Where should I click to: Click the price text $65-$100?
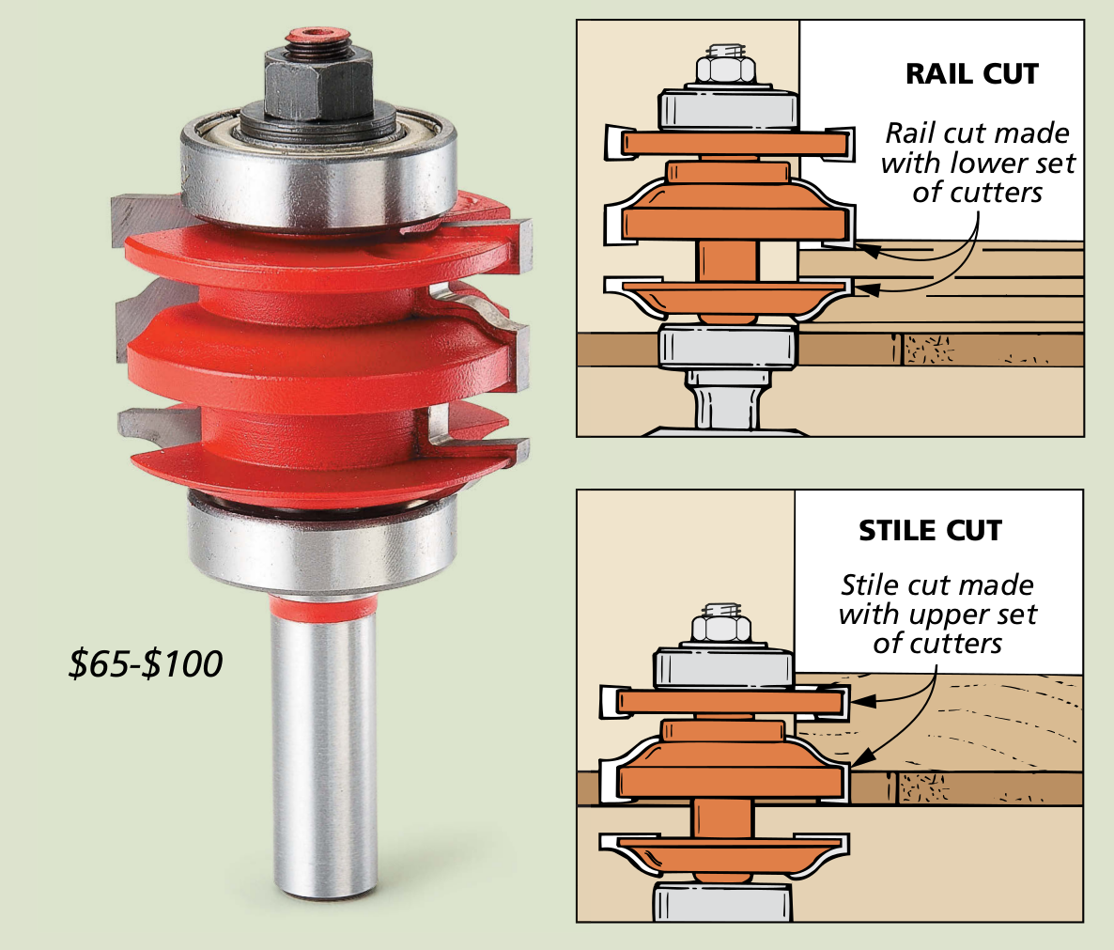pos(146,663)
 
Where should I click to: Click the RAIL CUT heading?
pos(972,74)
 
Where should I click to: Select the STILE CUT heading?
pos(930,531)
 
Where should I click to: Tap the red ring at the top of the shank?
pos(323,608)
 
